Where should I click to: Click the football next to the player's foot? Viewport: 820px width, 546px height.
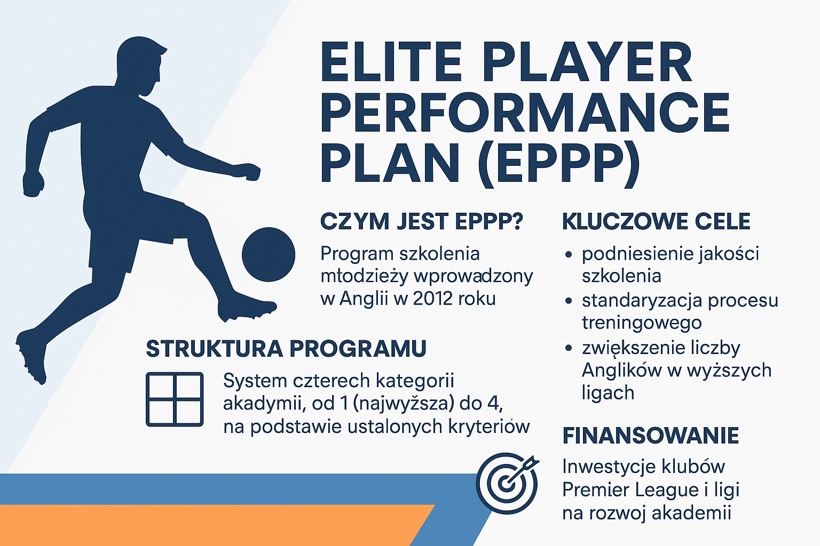point(268,255)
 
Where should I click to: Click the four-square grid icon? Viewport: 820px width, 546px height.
point(175,399)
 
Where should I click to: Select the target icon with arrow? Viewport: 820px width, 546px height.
point(507,483)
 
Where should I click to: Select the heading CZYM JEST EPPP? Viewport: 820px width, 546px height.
point(421,222)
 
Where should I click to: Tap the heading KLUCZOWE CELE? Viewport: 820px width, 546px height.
point(656,222)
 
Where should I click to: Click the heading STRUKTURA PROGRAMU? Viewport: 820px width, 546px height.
point(286,349)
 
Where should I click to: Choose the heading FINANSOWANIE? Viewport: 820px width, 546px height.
point(650,436)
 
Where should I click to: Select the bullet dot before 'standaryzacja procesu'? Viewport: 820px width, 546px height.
point(569,301)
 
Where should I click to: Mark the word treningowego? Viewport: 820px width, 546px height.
point(642,323)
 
